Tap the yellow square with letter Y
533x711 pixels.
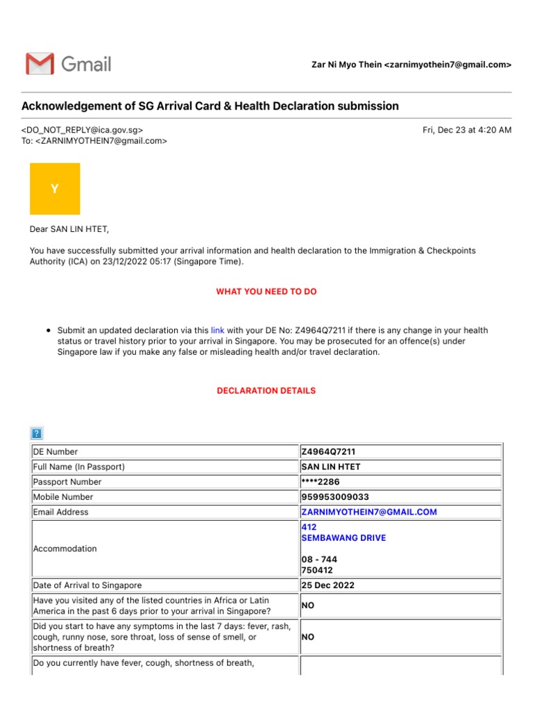coord(55,189)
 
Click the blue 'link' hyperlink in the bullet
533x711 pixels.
coord(217,331)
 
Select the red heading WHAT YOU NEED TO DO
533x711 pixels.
coord(266,292)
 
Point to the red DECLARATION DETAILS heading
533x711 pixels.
coord(266,391)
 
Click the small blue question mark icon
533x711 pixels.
coord(37,433)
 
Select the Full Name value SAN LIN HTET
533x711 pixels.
coord(331,467)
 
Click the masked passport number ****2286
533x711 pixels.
coord(321,482)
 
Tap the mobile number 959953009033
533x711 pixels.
coord(335,497)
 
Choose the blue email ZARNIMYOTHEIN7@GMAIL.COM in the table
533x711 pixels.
coord(369,512)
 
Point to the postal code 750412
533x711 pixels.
coord(316,570)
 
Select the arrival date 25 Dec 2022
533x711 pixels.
coord(328,585)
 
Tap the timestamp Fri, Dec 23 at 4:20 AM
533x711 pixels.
coord(466,130)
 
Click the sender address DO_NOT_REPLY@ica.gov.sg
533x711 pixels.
coord(83,130)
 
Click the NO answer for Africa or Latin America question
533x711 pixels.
coord(307,605)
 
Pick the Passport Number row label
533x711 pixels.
coord(67,482)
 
